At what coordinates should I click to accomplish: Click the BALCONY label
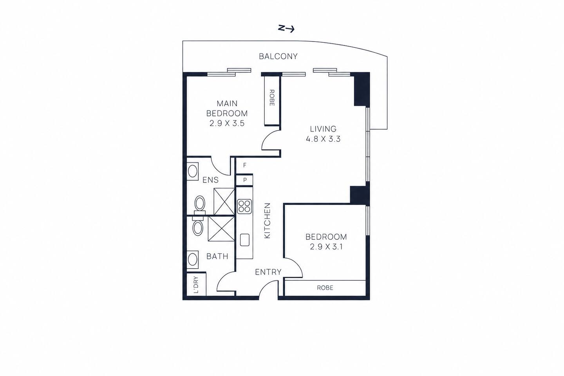pos(278,56)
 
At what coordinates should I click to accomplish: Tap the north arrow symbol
pos(286,29)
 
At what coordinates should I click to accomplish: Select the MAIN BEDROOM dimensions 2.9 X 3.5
pos(227,123)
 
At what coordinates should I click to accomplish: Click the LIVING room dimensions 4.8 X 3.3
pos(323,139)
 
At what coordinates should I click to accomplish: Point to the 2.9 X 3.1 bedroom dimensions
pos(326,247)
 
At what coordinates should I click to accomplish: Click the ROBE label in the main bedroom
pos(272,98)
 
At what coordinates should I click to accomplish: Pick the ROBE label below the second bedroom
pos(325,287)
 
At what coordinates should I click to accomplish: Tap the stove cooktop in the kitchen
pos(244,206)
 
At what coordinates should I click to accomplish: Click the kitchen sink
pos(245,240)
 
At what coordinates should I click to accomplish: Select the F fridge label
pos(244,165)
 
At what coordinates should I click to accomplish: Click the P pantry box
pos(244,180)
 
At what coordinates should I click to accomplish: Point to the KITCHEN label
pos(267,221)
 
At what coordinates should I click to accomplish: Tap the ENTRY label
pos(268,272)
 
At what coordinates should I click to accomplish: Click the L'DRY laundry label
pos(196,285)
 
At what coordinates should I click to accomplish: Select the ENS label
pos(210,180)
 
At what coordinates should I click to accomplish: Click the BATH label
pos(217,257)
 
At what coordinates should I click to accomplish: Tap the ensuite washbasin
pos(193,171)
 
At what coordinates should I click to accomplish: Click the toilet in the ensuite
pos(200,205)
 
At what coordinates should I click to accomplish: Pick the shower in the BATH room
pos(221,229)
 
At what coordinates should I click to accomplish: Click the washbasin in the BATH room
pos(193,260)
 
